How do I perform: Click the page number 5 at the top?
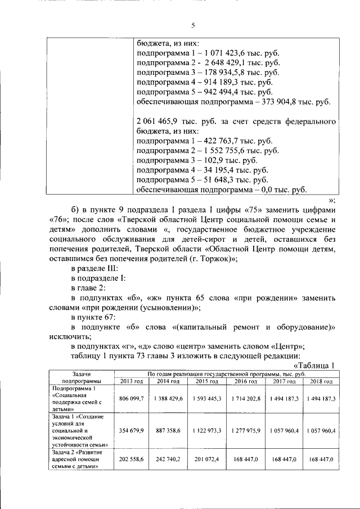(x=192, y=25)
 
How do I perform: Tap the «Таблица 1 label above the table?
(x=314, y=365)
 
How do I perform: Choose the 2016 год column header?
(x=245, y=381)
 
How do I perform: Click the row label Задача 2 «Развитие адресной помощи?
(x=78, y=462)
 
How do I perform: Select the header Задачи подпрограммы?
(x=81, y=377)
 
